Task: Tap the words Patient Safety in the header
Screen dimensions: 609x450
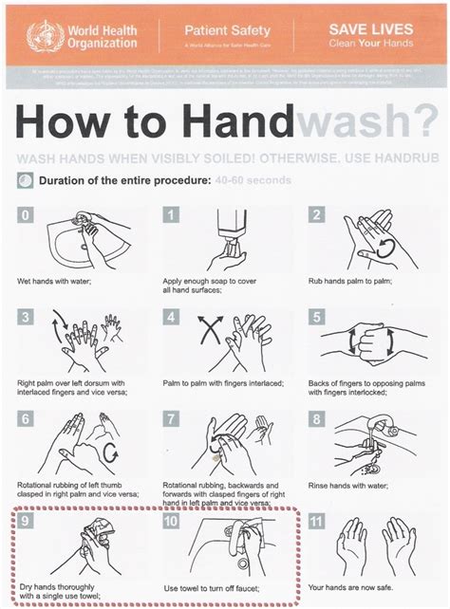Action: (x=222, y=31)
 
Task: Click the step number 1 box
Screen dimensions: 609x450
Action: (x=172, y=215)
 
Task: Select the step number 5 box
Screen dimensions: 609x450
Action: (x=318, y=317)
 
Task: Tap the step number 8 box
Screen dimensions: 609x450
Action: (x=318, y=418)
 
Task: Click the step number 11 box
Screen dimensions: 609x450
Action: (x=318, y=521)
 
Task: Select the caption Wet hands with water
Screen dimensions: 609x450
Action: (x=53, y=282)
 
